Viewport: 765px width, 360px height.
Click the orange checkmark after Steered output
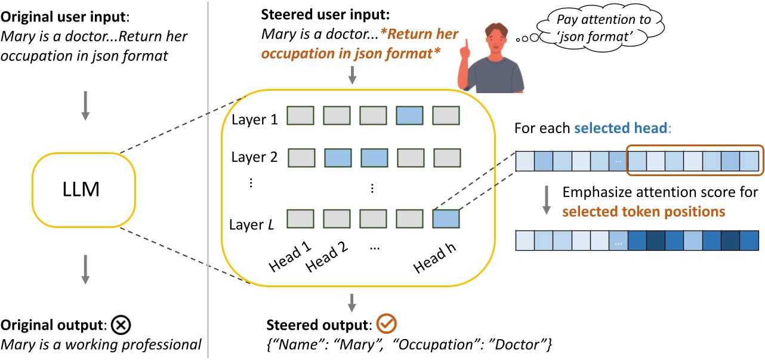(388, 324)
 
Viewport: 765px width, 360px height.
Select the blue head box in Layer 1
(409, 116)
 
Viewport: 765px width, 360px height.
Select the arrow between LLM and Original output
(85, 270)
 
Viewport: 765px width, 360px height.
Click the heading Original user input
(55, 14)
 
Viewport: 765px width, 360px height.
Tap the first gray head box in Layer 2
(302, 158)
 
